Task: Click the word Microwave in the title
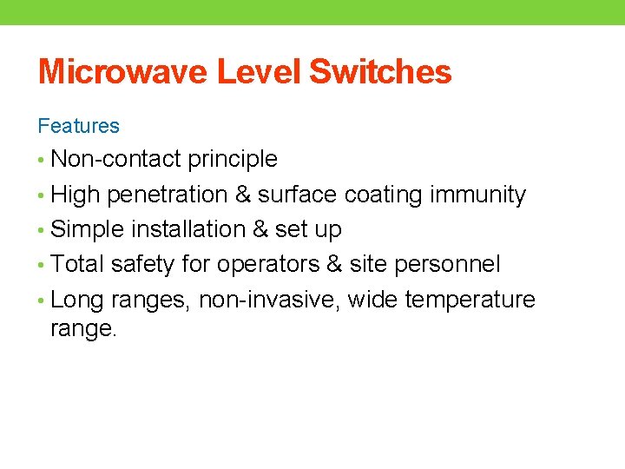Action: pos(123,72)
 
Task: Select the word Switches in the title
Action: pos(380,72)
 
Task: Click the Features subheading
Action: pos(78,126)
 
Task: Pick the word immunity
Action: pos(478,195)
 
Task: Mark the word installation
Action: pos(188,230)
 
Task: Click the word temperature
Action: pos(470,301)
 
